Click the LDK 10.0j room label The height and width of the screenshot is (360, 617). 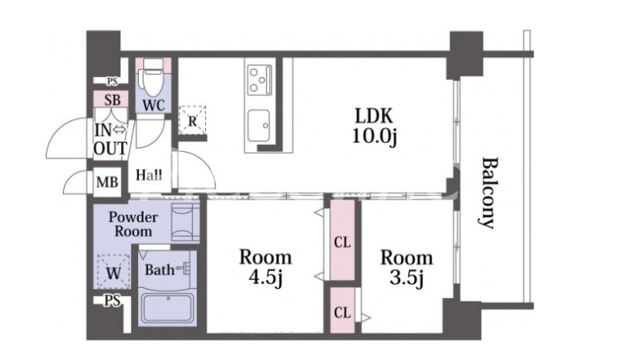point(374,126)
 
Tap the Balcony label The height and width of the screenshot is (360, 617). point(490,193)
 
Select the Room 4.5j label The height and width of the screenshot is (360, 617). point(265,267)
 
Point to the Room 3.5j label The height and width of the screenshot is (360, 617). point(406,267)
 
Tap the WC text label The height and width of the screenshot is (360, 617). point(153,105)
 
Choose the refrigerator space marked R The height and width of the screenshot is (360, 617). point(192,121)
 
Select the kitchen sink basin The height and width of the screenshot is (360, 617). point(259,125)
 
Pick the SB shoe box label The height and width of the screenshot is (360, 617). point(112,100)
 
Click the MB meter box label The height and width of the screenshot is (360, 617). point(107,182)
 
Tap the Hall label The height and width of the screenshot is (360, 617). point(149,175)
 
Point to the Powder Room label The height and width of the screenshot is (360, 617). point(133,224)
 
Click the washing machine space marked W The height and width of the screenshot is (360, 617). point(113,272)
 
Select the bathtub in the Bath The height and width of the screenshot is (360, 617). point(167,308)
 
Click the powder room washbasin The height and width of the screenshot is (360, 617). point(185,222)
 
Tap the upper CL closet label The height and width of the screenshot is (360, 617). point(342,243)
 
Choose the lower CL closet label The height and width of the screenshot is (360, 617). point(342,313)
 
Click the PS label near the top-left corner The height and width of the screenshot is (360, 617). point(113,82)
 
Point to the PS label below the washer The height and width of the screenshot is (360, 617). point(113,301)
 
